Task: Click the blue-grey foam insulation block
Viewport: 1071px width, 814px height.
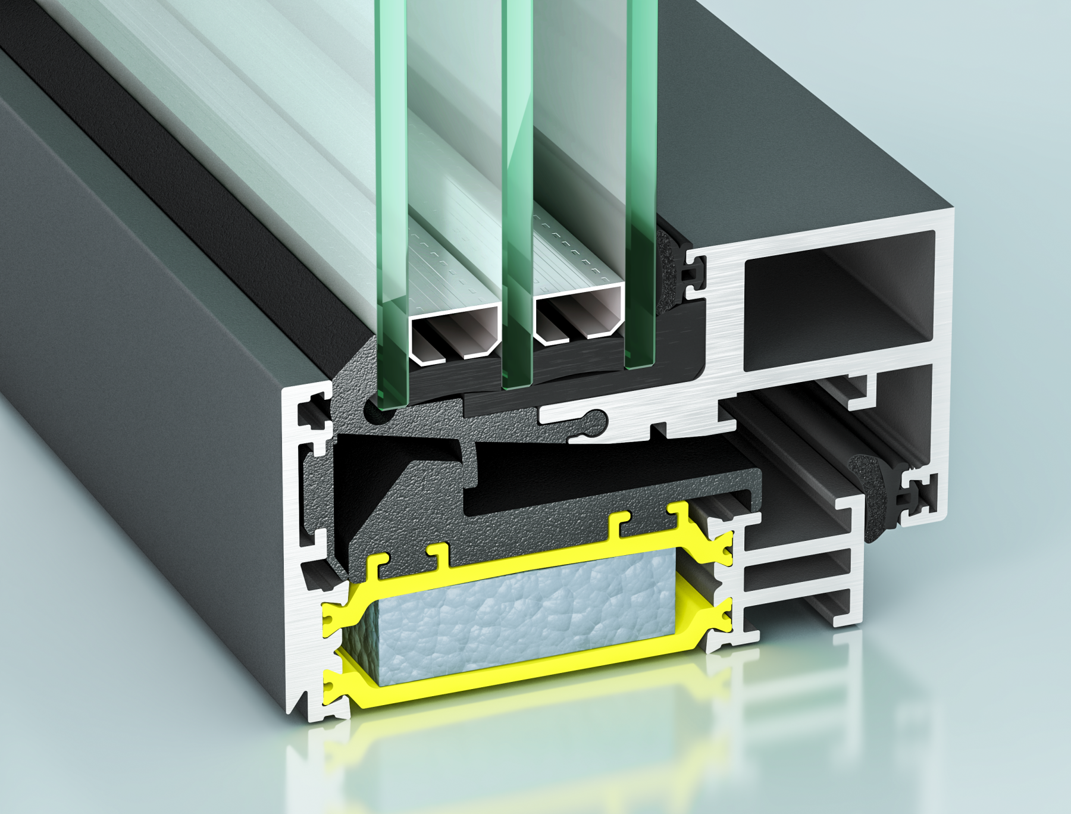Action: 524,619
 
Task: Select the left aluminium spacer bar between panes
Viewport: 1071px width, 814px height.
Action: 455,333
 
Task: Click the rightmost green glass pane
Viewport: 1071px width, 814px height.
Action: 641,179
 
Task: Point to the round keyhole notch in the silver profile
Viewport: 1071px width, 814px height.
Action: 596,419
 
